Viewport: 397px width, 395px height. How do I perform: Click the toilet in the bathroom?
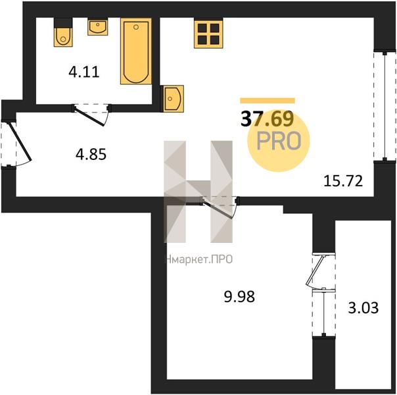[x=63, y=32]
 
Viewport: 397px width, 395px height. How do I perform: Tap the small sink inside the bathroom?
[x=98, y=26]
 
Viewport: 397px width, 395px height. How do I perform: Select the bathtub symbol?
[x=136, y=51]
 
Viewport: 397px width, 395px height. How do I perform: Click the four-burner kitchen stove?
[x=208, y=33]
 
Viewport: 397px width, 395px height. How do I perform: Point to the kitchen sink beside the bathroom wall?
[x=172, y=99]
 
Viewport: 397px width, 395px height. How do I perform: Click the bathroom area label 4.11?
[x=84, y=72]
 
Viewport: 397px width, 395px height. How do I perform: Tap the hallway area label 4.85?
[x=91, y=155]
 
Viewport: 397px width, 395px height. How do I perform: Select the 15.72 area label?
[x=343, y=181]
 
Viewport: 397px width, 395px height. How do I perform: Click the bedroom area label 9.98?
[x=239, y=296]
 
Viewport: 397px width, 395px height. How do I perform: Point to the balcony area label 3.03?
[x=363, y=307]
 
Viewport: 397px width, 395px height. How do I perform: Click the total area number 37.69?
[x=268, y=119]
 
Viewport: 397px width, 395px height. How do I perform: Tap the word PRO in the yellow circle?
[x=279, y=141]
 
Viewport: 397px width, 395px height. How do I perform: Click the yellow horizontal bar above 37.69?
[x=268, y=101]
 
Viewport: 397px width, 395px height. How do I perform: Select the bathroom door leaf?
[x=89, y=116]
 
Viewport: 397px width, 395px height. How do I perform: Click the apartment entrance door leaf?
[x=20, y=142]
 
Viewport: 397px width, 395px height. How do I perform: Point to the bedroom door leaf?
[x=218, y=207]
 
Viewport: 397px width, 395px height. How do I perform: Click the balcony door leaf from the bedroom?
[x=315, y=271]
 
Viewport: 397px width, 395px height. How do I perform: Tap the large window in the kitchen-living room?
[x=385, y=107]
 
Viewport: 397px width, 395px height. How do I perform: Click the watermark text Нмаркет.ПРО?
[x=199, y=259]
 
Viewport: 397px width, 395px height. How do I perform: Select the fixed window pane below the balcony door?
[x=323, y=312]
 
